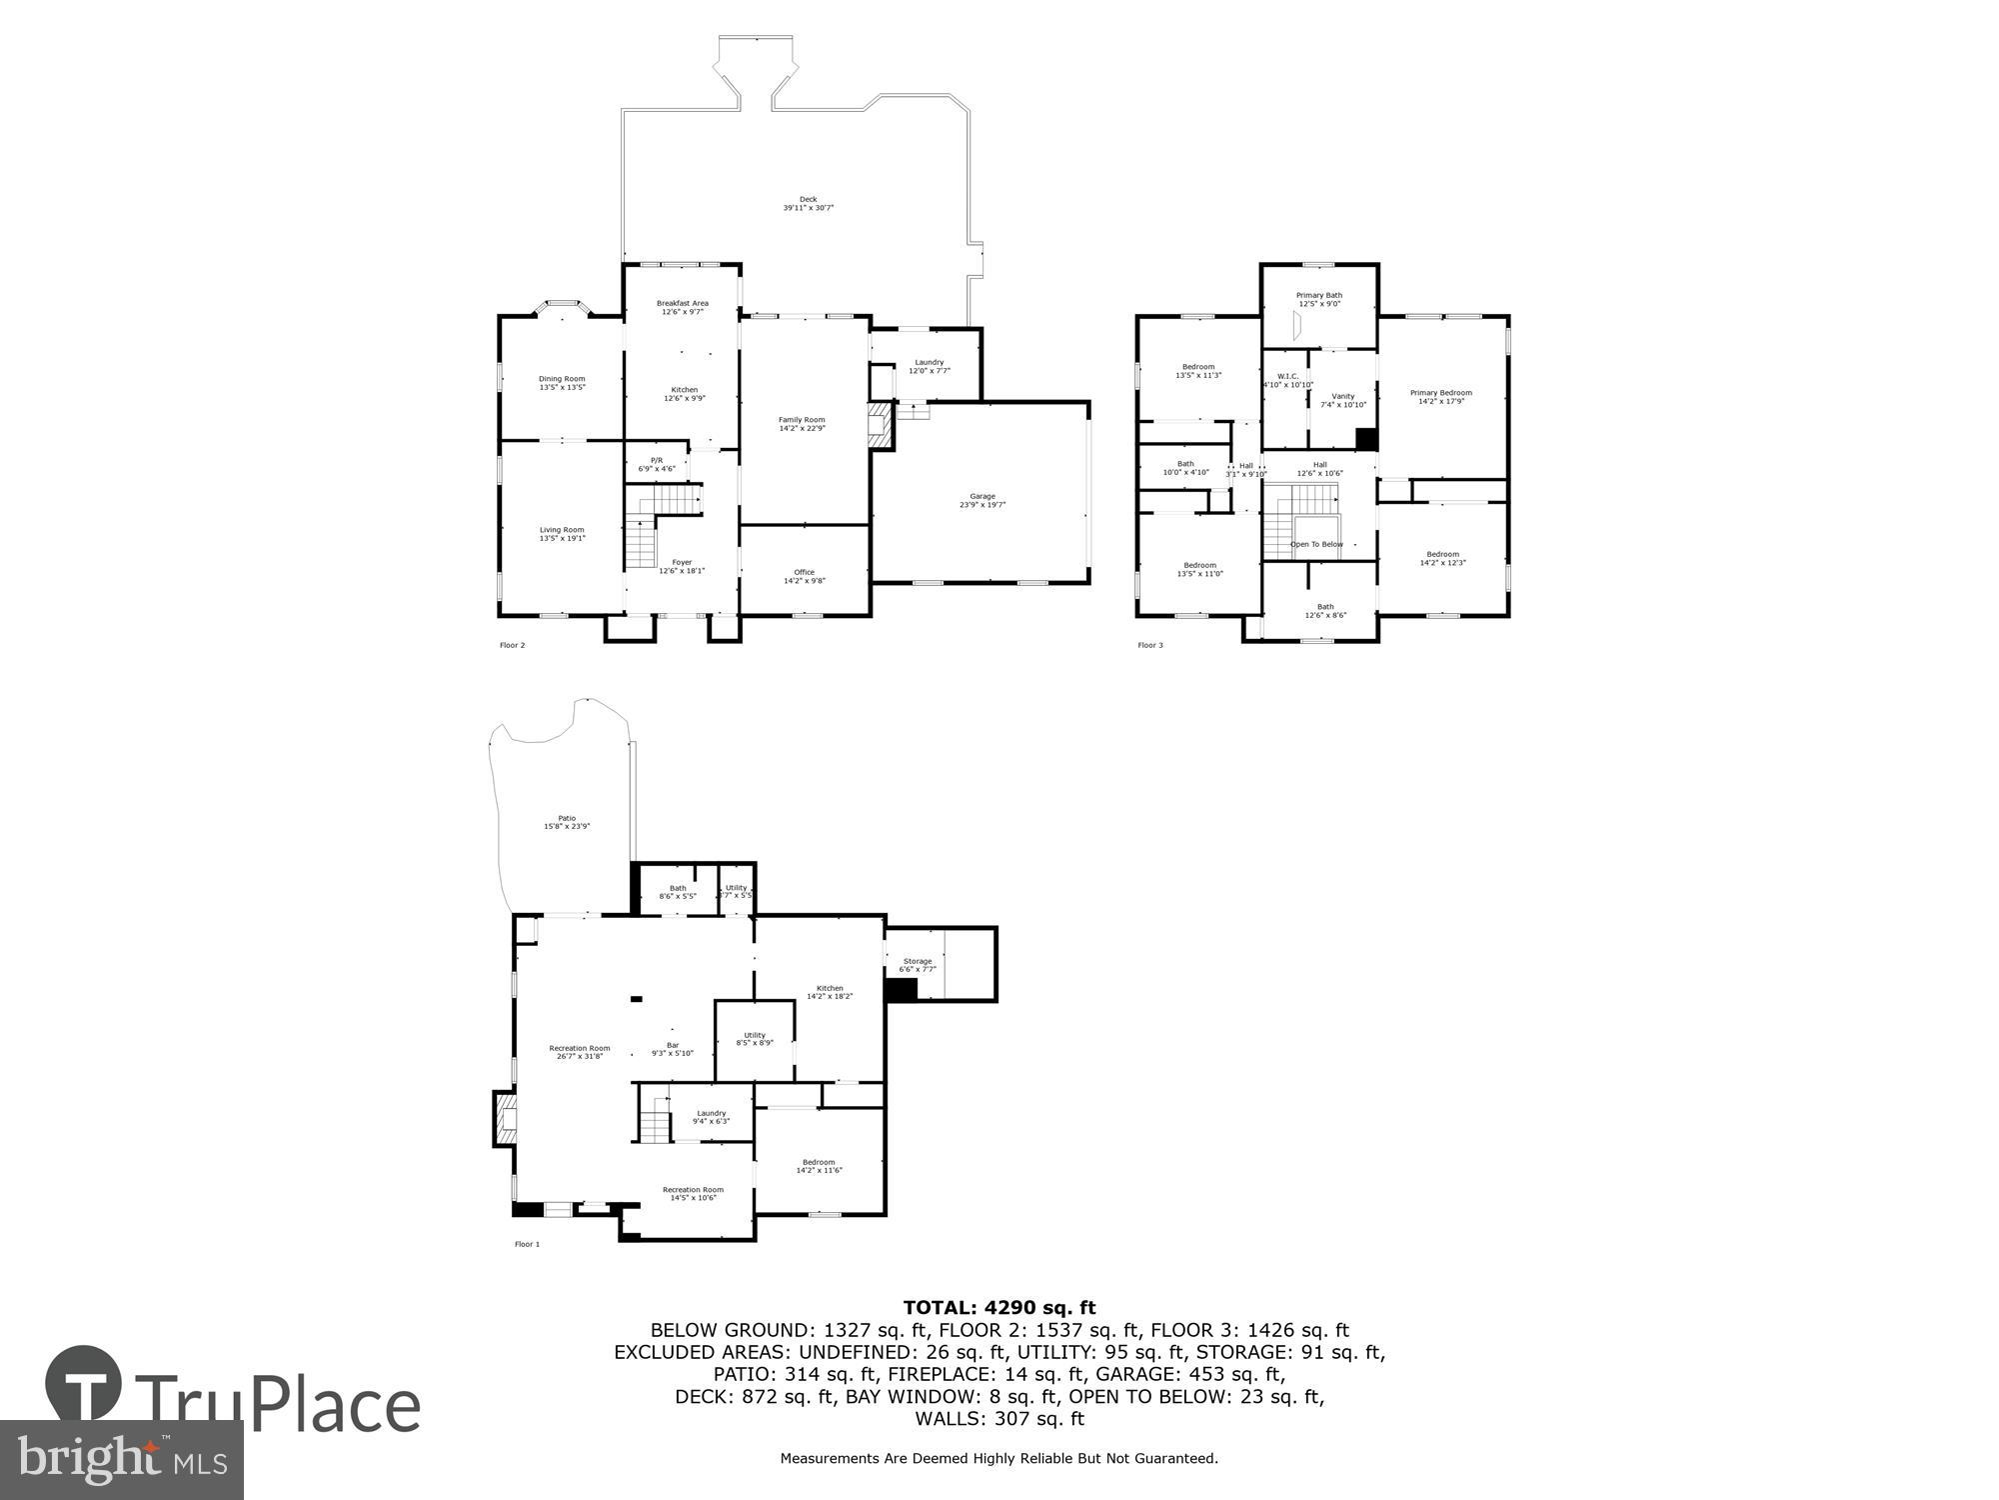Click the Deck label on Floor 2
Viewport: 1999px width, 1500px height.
[x=808, y=204]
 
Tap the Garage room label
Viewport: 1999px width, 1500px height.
[x=982, y=501]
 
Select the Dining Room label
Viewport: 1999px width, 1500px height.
[x=562, y=383]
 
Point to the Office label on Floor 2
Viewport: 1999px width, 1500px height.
[x=804, y=577]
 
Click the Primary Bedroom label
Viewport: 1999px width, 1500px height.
[x=1440, y=397]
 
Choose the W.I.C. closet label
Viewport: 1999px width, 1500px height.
[x=1287, y=380]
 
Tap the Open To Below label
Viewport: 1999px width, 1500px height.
[x=1316, y=544]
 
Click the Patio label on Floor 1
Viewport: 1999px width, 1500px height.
[x=567, y=822]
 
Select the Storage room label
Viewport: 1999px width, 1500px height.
[x=917, y=965]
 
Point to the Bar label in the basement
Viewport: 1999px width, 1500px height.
[x=673, y=1049]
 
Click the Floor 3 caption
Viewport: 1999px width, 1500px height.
[x=1149, y=645]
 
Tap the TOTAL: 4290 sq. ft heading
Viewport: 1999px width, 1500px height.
[x=999, y=1307]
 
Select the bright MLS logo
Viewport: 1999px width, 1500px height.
[x=121, y=1460]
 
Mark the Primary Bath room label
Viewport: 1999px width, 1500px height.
[x=1318, y=299]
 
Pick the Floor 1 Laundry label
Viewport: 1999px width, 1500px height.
[x=711, y=1117]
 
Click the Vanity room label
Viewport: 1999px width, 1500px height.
[x=1342, y=400]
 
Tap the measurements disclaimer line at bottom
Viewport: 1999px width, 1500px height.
[x=999, y=1458]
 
